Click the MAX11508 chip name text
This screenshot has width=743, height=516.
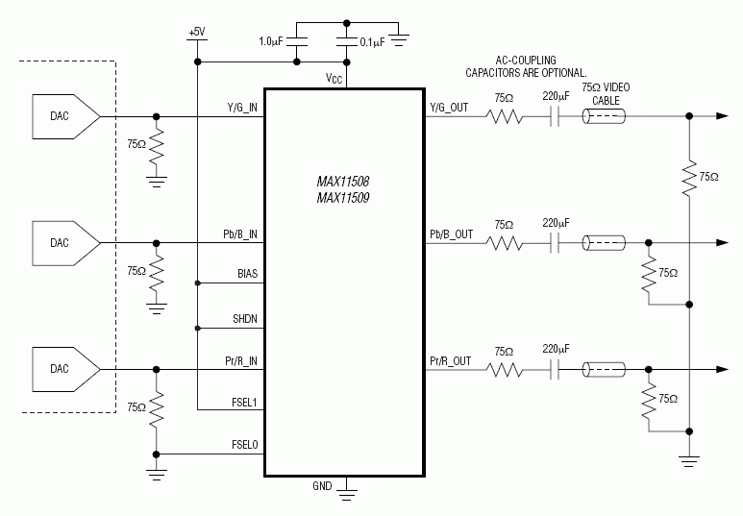tap(344, 180)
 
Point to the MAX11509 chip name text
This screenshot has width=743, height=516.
tap(344, 197)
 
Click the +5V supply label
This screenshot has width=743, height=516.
tap(196, 32)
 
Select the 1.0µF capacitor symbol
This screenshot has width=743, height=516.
tap(298, 41)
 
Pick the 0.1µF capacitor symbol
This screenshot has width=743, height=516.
tap(346, 41)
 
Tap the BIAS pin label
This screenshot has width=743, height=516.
tap(247, 274)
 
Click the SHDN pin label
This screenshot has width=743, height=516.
tap(246, 318)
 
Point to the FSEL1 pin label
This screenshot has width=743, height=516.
tap(244, 402)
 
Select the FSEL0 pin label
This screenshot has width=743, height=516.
tap(244, 445)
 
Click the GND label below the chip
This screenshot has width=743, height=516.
tap(322, 486)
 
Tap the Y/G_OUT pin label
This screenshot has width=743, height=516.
tap(449, 108)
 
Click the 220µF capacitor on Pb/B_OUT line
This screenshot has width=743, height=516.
tap(556, 243)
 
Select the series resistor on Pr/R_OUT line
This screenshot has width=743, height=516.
tap(504, 369)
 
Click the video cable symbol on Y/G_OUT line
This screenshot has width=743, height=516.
tap(604, 117)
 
